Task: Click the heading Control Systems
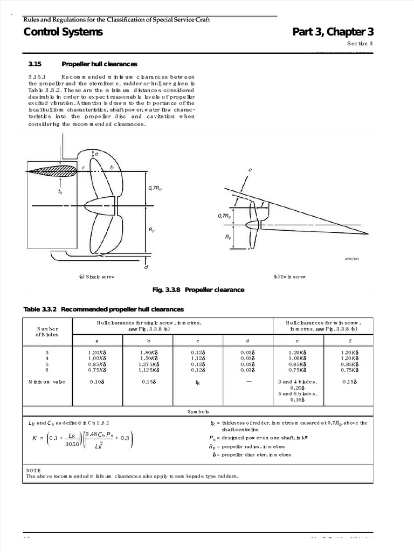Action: (63, 32)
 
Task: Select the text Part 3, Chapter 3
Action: (333, 32)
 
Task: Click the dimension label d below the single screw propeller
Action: (146, 267)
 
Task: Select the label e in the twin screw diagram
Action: (250, 170)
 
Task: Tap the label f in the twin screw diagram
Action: (262, 204)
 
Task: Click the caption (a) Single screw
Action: (97, 277)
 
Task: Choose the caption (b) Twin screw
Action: (289, 277)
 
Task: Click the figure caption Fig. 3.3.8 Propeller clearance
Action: (198, 290)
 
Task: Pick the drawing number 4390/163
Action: (351, 259)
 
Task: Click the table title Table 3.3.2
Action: (42, 309)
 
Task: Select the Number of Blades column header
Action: (47, 332)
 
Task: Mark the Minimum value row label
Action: (47, 382)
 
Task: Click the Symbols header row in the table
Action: (197, 411)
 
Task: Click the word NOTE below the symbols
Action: (33, 470)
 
